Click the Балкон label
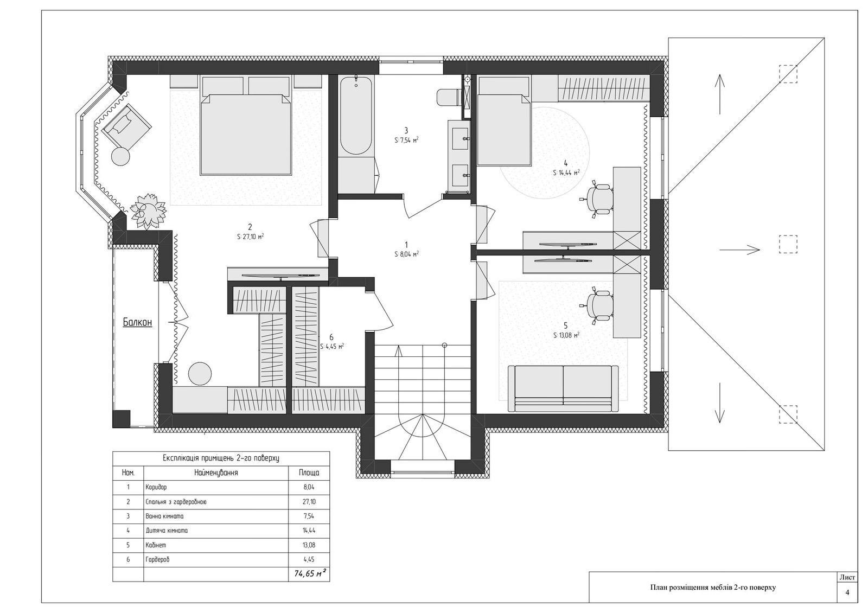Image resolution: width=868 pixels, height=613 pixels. [137, 322]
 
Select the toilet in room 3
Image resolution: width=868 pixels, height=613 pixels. [448, 97]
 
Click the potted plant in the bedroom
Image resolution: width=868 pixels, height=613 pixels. [149, 211]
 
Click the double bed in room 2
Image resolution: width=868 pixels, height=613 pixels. [246, 133]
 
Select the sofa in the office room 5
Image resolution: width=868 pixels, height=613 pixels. [563, 388]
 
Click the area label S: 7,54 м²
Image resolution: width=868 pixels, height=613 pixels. [406, 141]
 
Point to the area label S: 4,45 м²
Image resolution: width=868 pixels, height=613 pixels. [332, 347]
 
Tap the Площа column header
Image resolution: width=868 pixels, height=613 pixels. [309, 472]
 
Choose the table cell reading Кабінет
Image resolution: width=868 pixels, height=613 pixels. [155, 545]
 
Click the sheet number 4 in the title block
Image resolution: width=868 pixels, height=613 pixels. [847, 592]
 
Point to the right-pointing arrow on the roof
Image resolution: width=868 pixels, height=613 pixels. [740, 250]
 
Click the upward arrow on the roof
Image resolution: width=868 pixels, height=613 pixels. [720, 94]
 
